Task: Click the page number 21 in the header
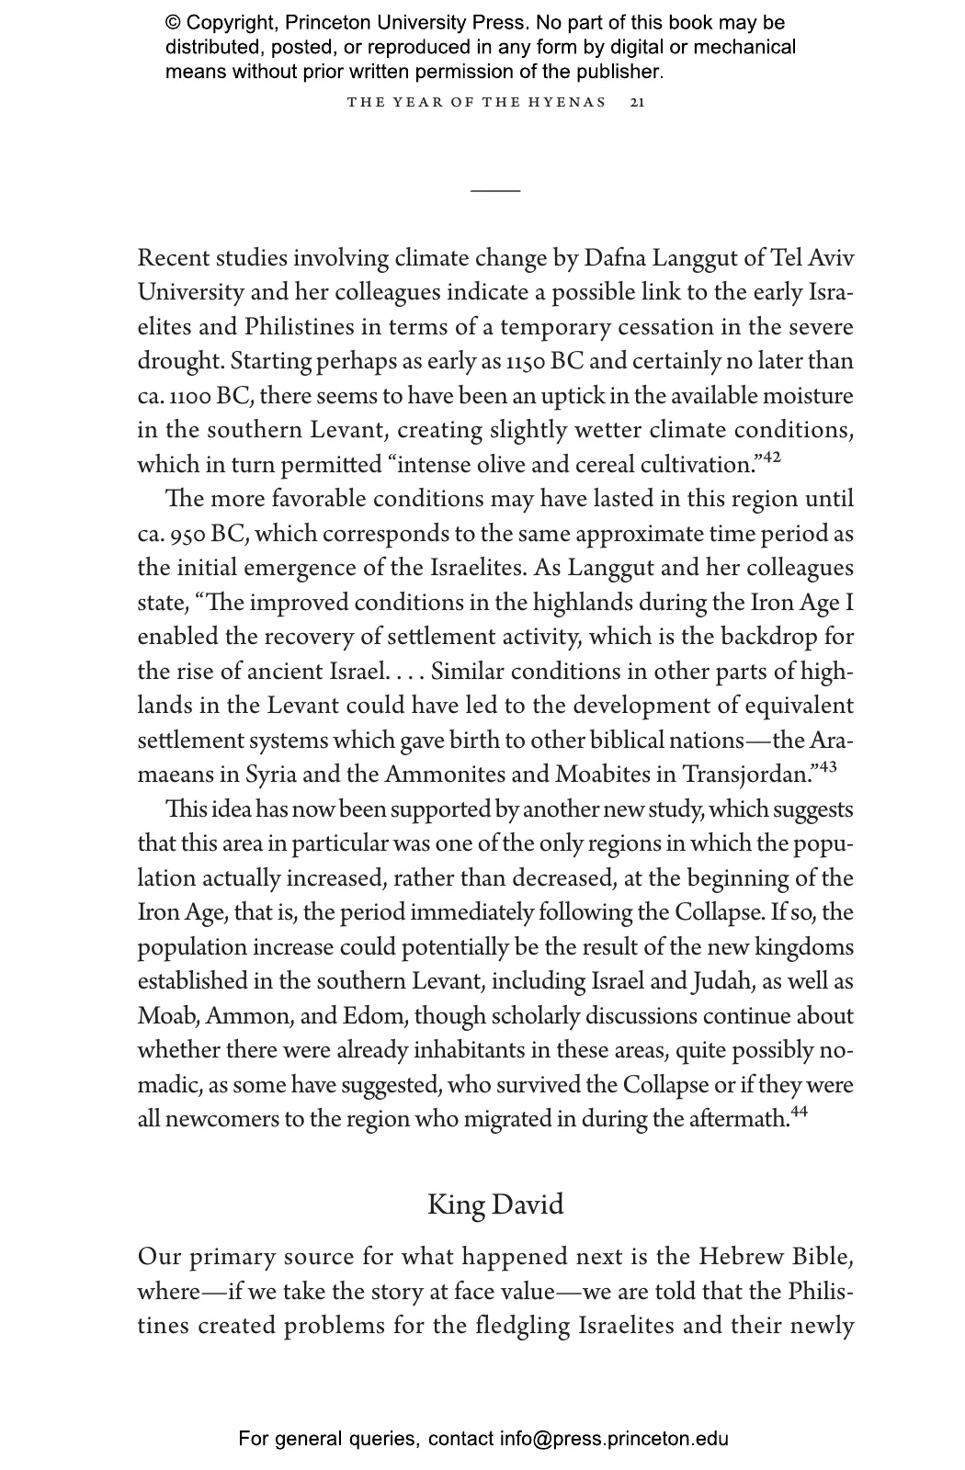tap(638, 102)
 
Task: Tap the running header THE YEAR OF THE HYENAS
tap(477, 102)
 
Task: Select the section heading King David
tap(495, 1204)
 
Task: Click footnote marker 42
tap(771, 457)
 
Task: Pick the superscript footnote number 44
tap(798, 1113)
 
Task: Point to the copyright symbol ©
tap(173, 23)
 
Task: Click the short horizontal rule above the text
tap(495, 190)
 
